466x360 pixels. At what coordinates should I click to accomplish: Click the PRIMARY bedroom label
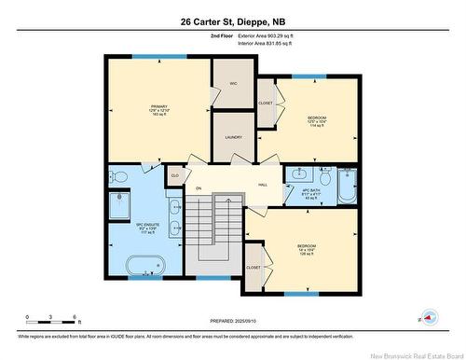[x=159, y=111]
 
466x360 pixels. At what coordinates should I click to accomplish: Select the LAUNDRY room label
[x=233, y=137]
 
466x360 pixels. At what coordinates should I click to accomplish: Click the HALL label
[x=263, y=185]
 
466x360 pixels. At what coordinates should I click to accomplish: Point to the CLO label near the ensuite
[x=174, y=173]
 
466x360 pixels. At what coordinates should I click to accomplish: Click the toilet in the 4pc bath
[x=325, y=177]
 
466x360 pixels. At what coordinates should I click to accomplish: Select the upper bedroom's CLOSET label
[x=266, y=103]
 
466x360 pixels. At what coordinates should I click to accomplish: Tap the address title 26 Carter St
[x=233, y=21]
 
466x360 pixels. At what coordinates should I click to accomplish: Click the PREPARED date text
[x=233, y=320]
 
